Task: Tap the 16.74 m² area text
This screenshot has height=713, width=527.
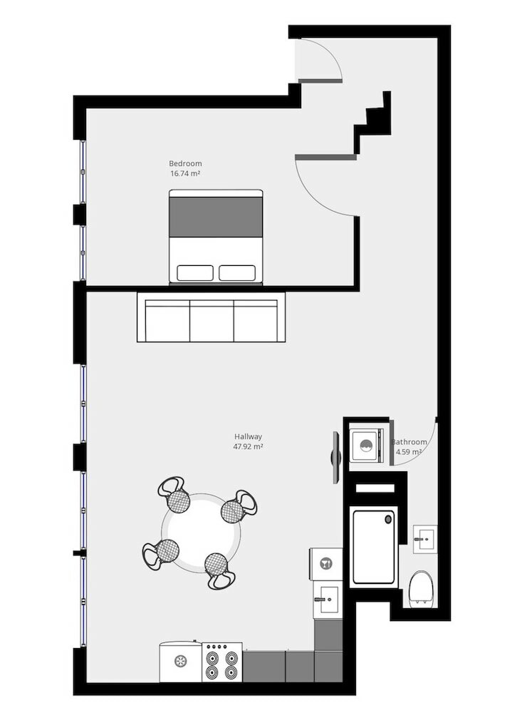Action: tap(184, 173)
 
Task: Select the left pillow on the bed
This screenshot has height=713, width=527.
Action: tap(194, 272)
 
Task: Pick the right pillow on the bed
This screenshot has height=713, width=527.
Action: tap(237, 272)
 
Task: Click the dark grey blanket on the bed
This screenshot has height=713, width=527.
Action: tap(216, 217)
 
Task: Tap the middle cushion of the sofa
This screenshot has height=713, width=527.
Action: tap(212, 320)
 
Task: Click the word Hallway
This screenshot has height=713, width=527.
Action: tap(249, 437)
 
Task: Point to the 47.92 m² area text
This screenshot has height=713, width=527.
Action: tap(249, 447)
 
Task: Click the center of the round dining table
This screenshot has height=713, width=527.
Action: tap(200, 532)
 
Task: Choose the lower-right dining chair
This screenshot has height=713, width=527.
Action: tap(218, 569)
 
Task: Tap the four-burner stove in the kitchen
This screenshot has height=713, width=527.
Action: tap(221, 663)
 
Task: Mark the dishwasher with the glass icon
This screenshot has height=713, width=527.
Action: tap(326, 564)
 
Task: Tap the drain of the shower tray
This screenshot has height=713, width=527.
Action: tap(389, 520)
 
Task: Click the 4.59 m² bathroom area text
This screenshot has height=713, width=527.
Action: tap(409, 452)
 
